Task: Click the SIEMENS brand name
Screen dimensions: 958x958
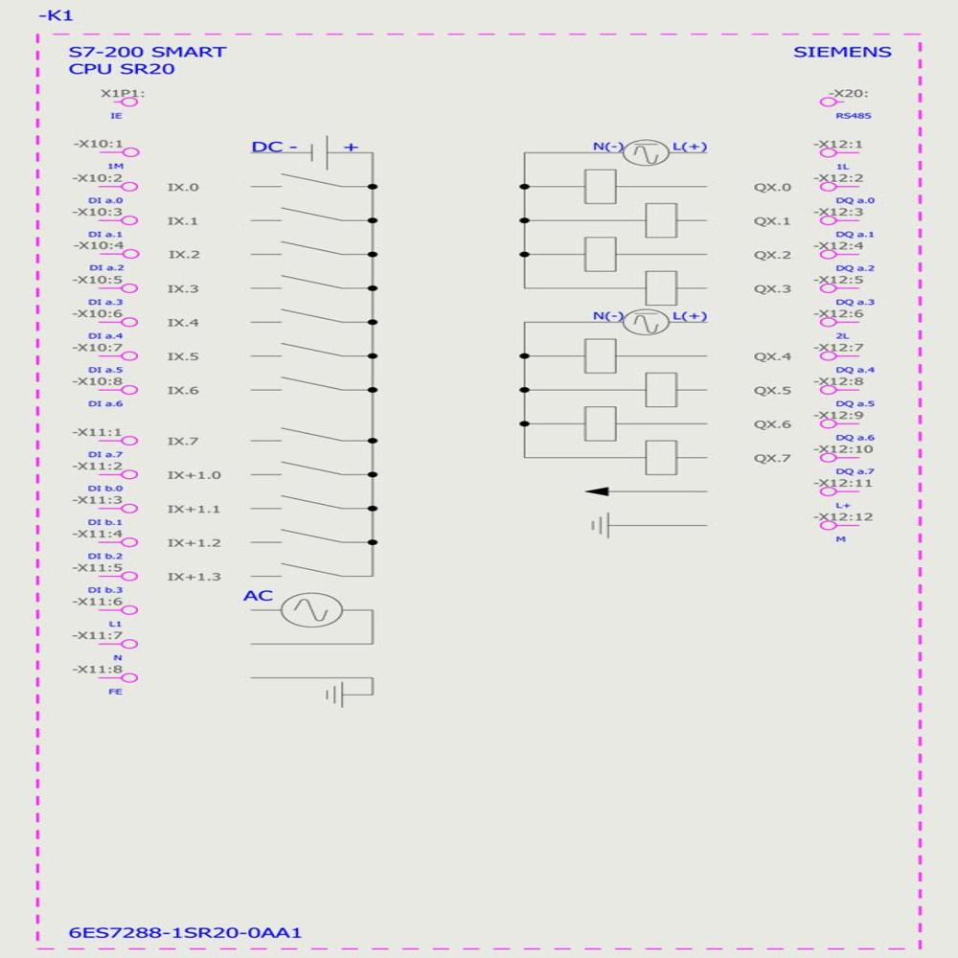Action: tap(841, 52)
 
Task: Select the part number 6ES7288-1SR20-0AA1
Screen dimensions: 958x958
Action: tap(187, 932)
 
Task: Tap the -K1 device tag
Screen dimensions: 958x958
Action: tap(56, 15)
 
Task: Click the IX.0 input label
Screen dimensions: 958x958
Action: tap(183, 188)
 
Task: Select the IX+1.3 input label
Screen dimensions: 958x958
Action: tap(194, 577)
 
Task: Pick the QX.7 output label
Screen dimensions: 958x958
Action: tap(772, 458)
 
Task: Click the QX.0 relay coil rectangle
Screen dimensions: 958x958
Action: tap(600, 187)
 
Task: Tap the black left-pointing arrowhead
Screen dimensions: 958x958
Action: tap(598, 491)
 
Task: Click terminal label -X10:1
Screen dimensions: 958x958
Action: tap(99, 144)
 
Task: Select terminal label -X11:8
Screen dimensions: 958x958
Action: tap(99, 668)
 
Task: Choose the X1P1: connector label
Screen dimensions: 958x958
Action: tap(122, 94)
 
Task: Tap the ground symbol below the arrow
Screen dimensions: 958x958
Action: tap(600, 526)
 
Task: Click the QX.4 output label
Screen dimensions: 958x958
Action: tap(772, 356)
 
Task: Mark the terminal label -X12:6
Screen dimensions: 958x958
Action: tap(840, 314)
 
